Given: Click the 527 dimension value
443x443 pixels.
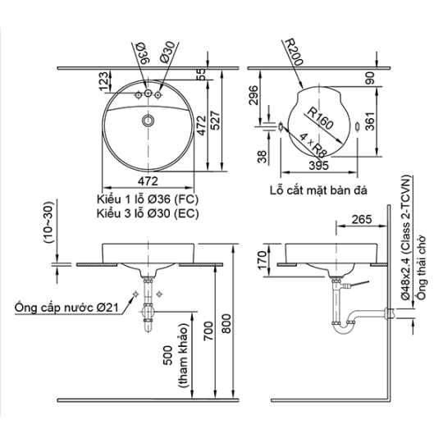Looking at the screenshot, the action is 215,121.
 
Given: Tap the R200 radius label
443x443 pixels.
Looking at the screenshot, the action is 294,52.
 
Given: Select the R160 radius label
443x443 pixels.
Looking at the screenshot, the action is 320,118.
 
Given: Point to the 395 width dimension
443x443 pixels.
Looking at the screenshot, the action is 319,166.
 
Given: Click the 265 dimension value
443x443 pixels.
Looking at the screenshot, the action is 362,219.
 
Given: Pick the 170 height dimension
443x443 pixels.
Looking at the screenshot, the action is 262,260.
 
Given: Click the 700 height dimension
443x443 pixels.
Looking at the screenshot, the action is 208,331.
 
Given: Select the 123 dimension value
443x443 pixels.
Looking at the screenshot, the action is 103,81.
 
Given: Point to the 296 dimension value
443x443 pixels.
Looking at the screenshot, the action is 253,95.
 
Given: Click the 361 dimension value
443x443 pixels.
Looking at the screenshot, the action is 370,121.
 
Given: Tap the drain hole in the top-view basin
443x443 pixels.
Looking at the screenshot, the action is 148,121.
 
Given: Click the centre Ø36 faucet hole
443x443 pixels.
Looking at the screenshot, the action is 148,93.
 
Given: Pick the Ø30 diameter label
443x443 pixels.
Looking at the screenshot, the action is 167,52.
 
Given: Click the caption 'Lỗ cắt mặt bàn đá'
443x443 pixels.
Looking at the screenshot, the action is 318,190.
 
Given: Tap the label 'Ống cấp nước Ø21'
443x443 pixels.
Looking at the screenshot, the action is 66,308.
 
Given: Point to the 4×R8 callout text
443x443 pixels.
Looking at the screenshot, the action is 313,145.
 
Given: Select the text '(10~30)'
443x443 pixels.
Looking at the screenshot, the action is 48,222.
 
